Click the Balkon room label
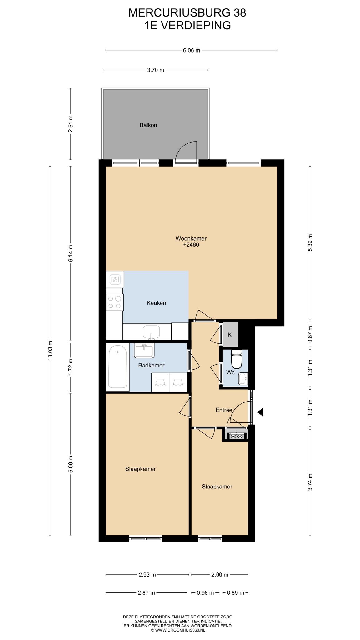click(x=148, y=125)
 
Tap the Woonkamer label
click(x=191, y=238)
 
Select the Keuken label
click(x=156, y=303)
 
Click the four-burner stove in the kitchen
click(x=114, y=302)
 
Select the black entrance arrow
click(x=260, y=412)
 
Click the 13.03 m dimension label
click(x=50, y=350)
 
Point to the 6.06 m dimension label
click(x=191, y=50)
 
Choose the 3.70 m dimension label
click(x=155, y=70)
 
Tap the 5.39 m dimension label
click(x=310, y=242)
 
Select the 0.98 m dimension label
click(x=205, y=592)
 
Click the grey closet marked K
click(x=230, y=334)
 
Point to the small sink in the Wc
click(x=243, y=379)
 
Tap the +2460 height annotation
click(x=191, y=245)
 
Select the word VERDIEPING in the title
click(x=196, y=25)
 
